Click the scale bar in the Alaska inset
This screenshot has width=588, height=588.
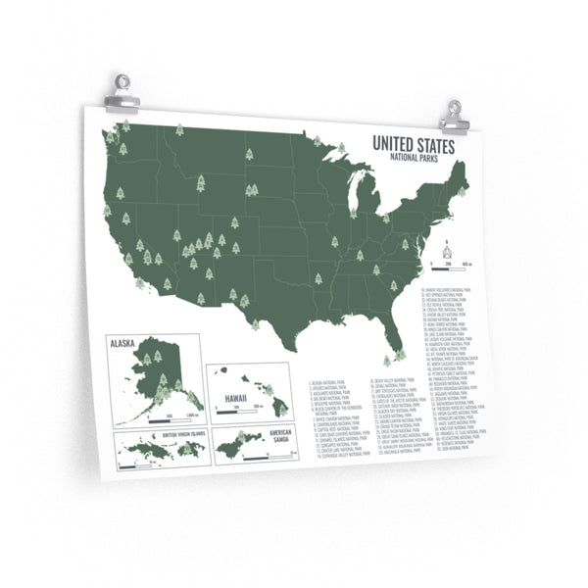[x=157, y=415]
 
